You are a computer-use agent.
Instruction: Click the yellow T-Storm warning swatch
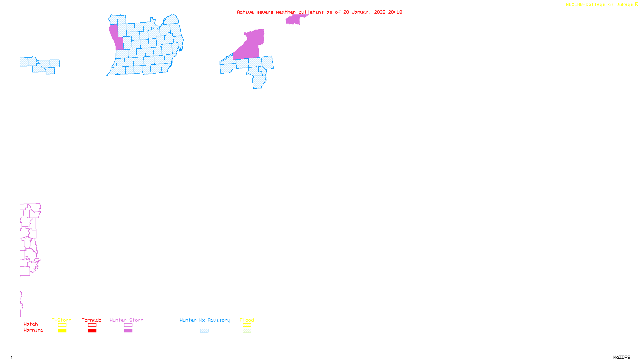click(x=62, y=331)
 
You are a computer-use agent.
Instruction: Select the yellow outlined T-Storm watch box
click(x=62, y=325)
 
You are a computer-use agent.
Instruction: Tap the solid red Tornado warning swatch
click(x=92, y=331)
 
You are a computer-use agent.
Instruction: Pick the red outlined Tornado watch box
click(x=92, y=325)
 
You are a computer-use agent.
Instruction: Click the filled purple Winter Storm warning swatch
click(x=128, y=331)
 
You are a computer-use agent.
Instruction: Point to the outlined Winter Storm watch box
click(x=128, y=325)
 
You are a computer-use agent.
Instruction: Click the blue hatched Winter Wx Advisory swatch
click(x=204, y=331)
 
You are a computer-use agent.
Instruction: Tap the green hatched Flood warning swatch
click(x=247, y=331)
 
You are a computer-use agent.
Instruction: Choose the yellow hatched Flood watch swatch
click(x=247, y=325)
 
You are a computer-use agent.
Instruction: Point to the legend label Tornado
click(x=92, y=320)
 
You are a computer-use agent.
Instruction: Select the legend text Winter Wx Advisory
click(x=205, y=320)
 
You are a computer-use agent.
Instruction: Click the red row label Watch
click(x=31, y=324)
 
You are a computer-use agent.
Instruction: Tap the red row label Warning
click(x=33, y=330)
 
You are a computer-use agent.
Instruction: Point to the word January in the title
click(x=362, y=12)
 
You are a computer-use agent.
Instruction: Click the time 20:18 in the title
click(x=395, y=12)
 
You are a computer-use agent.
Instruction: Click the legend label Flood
click(x=247, y=320)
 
